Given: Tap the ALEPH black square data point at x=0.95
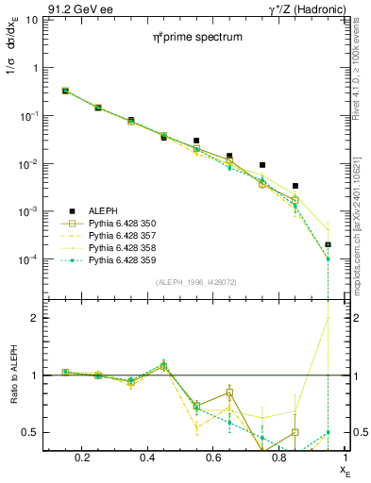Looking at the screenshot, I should (x=328, y=244).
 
